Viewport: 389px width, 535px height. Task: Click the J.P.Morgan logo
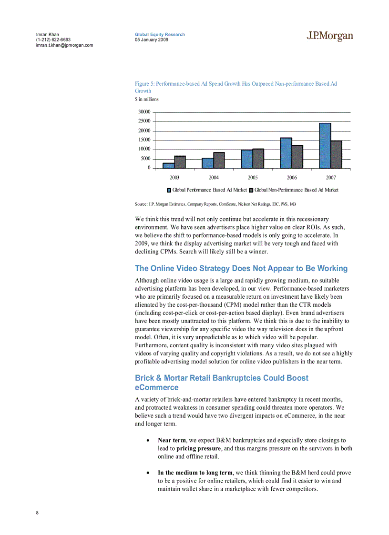click(329, 37)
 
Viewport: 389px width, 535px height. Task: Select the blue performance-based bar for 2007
click(325, 145)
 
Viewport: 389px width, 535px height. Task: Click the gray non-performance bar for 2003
click(180, 162)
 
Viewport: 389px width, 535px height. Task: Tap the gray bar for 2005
click(258, 158)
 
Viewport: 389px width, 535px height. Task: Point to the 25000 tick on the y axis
click(144, 121)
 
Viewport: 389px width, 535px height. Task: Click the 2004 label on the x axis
click(214, 177)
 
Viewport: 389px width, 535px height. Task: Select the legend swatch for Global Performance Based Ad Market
click(169, 190)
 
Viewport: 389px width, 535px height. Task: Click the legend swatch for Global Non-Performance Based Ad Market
click(251, 190)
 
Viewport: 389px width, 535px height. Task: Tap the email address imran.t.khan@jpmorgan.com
click(64, 45)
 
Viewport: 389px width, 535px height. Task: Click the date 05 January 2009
click(151, 40)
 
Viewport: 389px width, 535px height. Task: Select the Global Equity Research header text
click(160, 34)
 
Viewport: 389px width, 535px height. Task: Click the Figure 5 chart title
click(235, 87)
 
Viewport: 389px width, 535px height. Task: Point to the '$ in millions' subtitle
click(147, 99)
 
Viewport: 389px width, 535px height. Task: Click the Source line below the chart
click(215, 204)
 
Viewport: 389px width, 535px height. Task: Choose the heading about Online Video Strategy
click(241, 268)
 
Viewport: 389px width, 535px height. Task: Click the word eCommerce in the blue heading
click(156, 388)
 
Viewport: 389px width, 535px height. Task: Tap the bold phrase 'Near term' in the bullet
click(172, 440)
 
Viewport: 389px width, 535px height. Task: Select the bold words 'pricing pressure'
click(198, 448)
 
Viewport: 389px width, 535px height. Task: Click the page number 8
click(37, 513)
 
